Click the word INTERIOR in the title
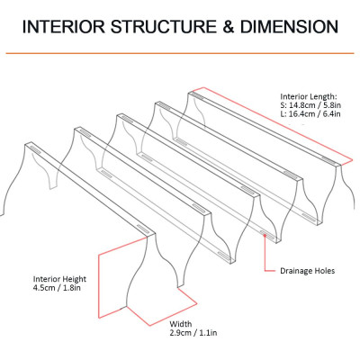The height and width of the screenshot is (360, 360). (x=64, y=27)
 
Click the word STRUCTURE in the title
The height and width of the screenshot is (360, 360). (x=164, y=27)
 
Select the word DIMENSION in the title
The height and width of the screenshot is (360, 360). (x=289, y=27)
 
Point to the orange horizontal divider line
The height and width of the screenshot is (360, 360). (x=180, y=53)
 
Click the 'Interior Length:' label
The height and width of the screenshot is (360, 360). (x=309, y=97)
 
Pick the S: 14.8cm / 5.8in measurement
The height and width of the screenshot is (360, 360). (x=310, y=105)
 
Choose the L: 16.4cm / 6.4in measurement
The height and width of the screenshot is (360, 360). (x=310, y=114)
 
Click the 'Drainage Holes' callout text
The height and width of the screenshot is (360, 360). (x=307, y=271)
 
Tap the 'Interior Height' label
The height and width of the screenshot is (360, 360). (x=59, y=279)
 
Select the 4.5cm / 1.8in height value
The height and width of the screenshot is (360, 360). (x=57, y=288)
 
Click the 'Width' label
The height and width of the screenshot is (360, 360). (x=181, y=324)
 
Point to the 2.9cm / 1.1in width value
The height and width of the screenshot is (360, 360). (x=193, y=333)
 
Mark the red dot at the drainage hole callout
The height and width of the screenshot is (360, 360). (x=265, y=235)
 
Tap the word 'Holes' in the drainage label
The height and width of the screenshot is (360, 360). (x=325, y=271)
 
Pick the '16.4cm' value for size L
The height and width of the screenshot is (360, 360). (x=301, y=114)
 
